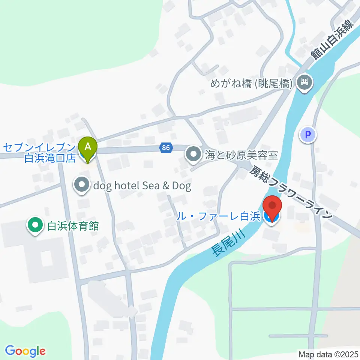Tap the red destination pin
point(273,207)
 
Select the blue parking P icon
point(308,135)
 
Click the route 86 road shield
point(166,148)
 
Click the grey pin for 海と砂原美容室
point(193,154)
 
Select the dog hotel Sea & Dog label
point(142,186)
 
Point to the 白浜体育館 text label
point(73,226)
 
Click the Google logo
point(25,351)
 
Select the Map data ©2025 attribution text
point(328,354)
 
